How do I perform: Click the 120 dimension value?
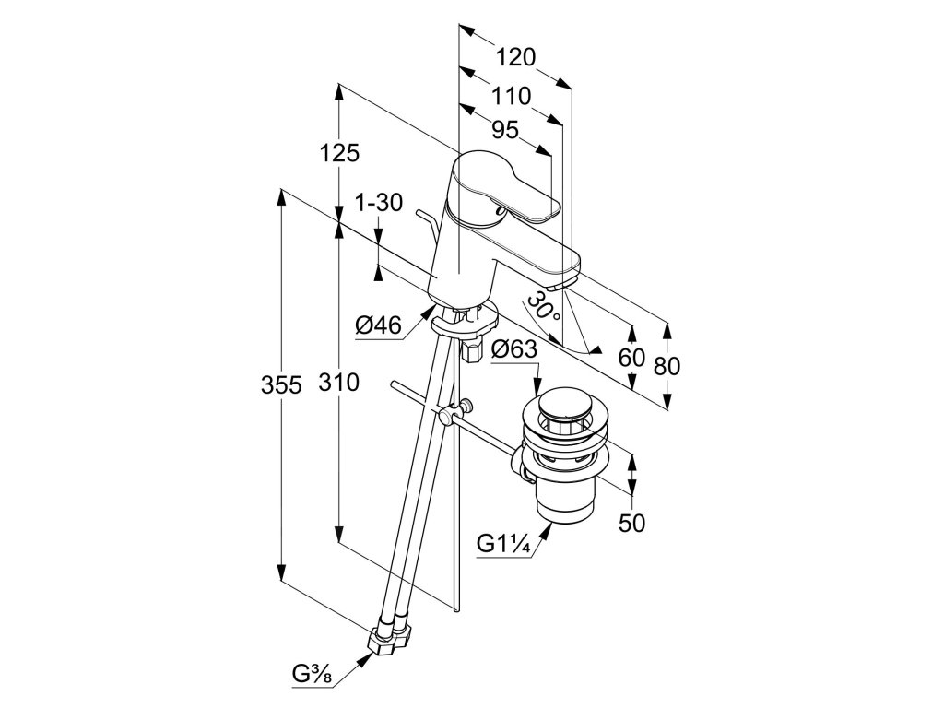point(515,58)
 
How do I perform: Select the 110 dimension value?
point(511,95)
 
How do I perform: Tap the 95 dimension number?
point(505,131)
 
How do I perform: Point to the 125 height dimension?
point(340,153)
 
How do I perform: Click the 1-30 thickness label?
point(379,203)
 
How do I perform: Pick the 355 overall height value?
point(280,385)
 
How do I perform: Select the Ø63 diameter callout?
point(514,349)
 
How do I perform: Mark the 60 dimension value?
point(631,359)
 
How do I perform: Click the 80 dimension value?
point(666,365)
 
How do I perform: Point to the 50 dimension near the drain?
point(631,523)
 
